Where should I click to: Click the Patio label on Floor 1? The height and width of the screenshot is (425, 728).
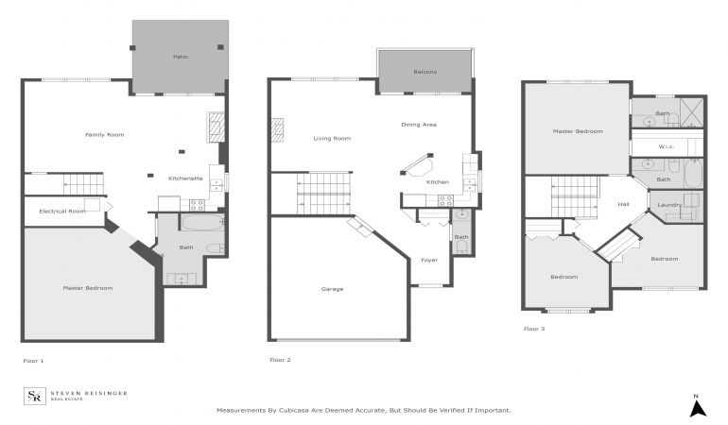click(181, 57)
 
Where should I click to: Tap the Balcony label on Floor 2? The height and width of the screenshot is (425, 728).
click(425, 72)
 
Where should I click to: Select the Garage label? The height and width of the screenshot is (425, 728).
click(332, 289)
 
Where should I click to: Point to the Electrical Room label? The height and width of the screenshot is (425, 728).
click(62, 212)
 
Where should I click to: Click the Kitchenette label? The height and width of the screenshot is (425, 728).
click(185, 178)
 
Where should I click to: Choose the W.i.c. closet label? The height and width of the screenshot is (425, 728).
click(667, 146)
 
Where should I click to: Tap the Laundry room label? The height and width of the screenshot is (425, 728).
click(669, 205)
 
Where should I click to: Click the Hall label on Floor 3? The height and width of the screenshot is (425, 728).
click(623, 204)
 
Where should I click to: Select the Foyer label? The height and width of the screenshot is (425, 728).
click(429, 260)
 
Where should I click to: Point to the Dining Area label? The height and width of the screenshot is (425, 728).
click(418, 125)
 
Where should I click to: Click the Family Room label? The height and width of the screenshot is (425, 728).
click(104, 134)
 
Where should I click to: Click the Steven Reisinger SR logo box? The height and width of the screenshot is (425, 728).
click(35, 396)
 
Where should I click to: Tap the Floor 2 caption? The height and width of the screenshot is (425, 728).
click(280, 360)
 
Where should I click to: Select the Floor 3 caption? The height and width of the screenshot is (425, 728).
click(534, 329)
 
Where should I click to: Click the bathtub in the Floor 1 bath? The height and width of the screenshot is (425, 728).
click(202, 222)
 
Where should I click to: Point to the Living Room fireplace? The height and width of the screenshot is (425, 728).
click(278, 130)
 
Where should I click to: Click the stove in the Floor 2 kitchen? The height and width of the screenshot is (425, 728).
click(445, 200)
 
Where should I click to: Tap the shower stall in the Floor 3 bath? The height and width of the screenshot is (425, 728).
click(692, 112)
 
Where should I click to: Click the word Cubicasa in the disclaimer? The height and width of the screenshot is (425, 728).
click(295, 410)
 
